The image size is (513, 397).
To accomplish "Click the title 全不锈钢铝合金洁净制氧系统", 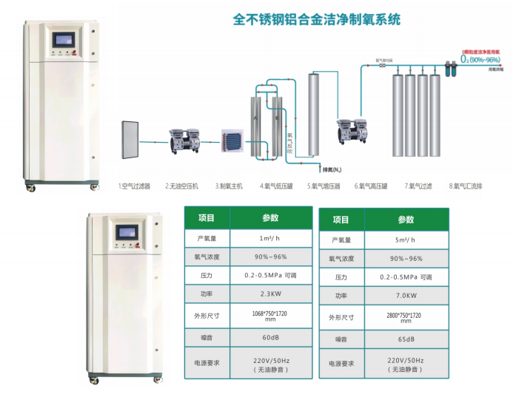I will click(x=316, y=19).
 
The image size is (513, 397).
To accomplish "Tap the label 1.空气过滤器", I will click(x=134, y=186).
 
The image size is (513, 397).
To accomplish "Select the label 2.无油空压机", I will click(x=181, y=186).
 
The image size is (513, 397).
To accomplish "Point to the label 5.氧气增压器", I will click(x=323, y=186).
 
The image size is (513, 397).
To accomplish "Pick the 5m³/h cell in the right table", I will click(x=405, y=240).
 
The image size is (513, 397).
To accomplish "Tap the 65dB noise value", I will click(x=405, y=339).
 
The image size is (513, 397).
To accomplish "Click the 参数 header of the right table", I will click(x=405, y=220).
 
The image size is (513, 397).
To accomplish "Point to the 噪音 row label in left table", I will click(x=206, y=339).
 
